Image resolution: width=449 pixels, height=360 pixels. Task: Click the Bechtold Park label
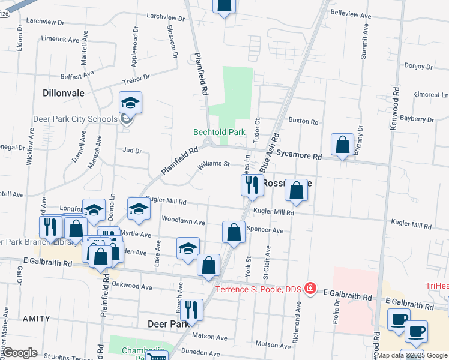[219, 132]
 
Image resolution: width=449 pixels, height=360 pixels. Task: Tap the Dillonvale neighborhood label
[64, 94]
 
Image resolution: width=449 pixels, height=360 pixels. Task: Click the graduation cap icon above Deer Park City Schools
[130, 103]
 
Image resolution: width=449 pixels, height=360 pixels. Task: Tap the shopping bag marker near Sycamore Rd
[342, 145]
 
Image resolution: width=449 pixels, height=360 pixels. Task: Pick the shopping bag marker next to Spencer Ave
[234, 232]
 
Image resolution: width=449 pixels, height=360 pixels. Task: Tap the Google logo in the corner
[20, 353]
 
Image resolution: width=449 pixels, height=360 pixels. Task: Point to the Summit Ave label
[364, 42]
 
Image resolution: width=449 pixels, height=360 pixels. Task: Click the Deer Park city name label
[169, 323]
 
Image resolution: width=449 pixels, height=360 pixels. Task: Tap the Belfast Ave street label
[77, 74]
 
